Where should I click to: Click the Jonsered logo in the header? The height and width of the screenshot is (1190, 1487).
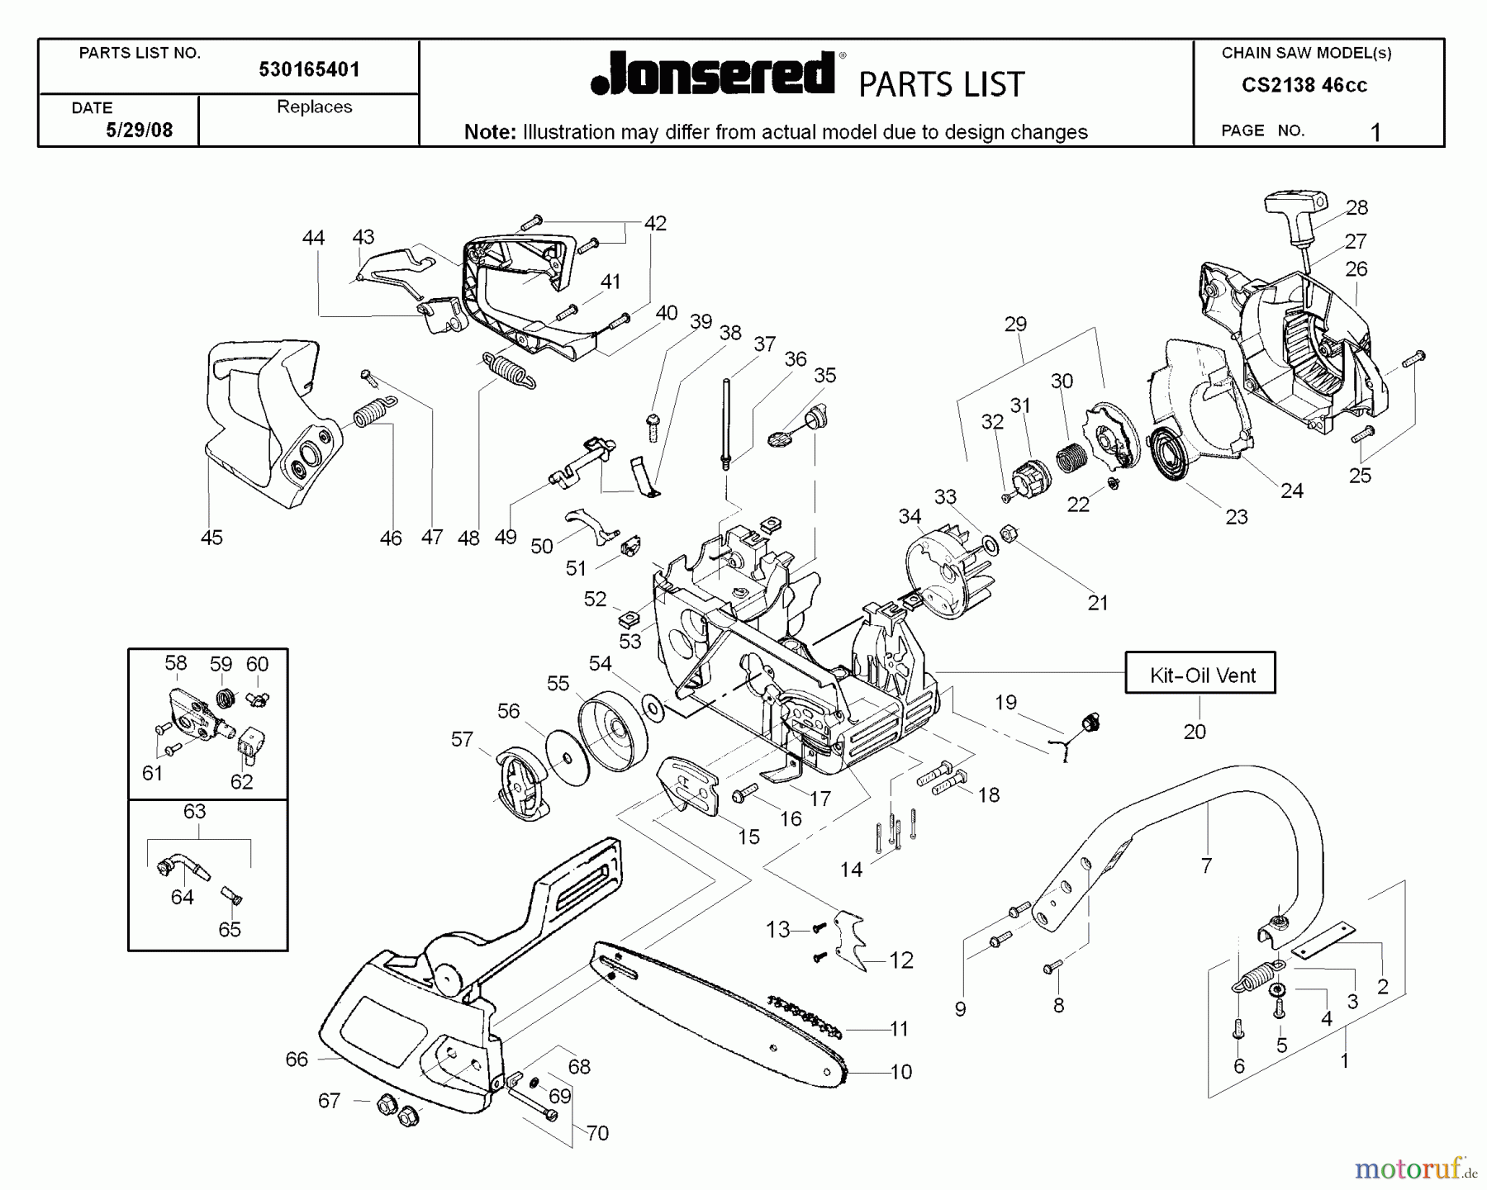pos(715,75)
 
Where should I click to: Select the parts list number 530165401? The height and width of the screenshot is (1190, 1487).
pos(309,70)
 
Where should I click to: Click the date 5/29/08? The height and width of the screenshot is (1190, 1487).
pos(139,130)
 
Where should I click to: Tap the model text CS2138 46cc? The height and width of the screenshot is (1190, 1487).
pos(1304,86)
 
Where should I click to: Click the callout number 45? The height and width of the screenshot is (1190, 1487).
pos(211,538)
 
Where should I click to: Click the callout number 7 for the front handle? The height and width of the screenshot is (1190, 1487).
pos(1206,865)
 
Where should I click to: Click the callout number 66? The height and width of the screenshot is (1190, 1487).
pos(296,1060)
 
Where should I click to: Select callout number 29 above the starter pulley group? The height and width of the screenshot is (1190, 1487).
pos(1015,324)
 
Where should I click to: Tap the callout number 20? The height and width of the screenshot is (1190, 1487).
pos(1195,731)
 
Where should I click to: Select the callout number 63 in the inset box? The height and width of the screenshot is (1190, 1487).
pos(194,811)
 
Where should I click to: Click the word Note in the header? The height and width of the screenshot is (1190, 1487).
pos(489,132)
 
